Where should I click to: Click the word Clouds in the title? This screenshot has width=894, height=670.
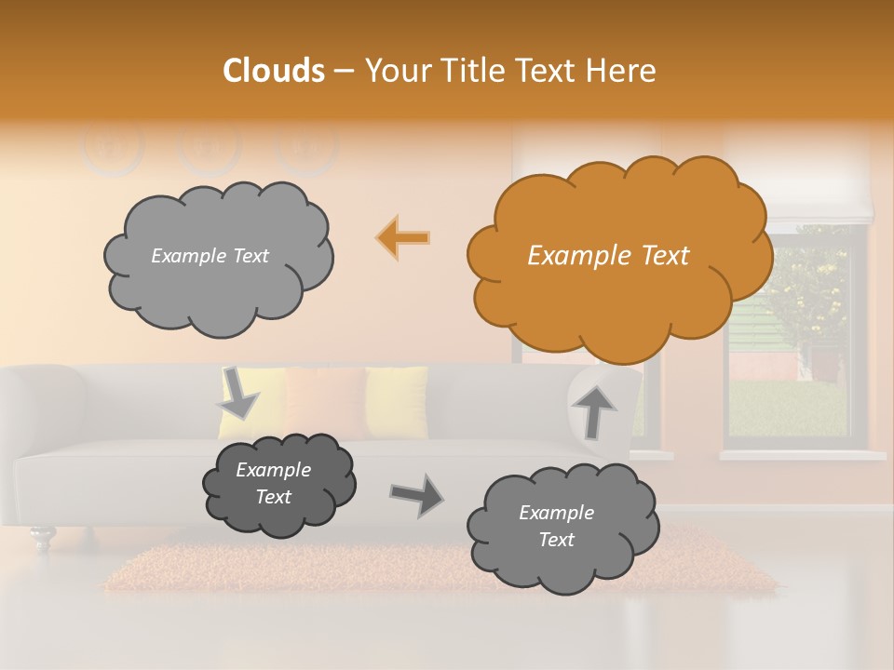tap(274, 71)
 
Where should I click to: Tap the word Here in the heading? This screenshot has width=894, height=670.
tap(623, 71)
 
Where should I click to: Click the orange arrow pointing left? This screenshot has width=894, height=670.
tap(403, 238)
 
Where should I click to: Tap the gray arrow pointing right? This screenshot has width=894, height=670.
tap(415, 494)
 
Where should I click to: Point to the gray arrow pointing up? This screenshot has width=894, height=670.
tap(593, 410)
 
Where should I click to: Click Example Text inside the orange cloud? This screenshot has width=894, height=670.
tap(608, 256)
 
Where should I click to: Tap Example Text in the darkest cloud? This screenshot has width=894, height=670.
tap(273, 484)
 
